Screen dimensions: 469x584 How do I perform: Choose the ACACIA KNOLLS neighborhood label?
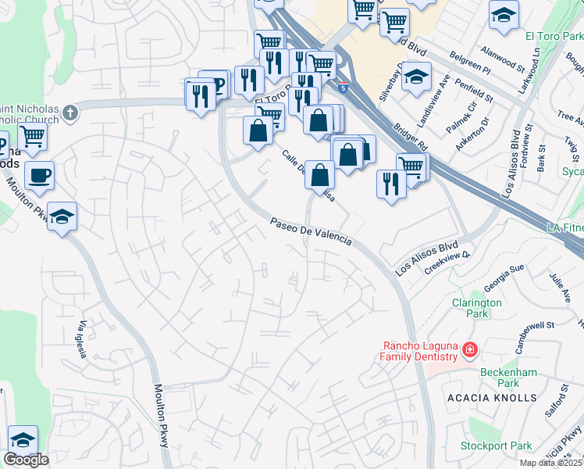pyautogui.click(x=492, y=398)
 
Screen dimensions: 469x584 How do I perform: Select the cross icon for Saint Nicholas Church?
pyautogui.click(x=70, y=113)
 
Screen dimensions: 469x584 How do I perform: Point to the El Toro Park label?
pyautogui.click(x=553, y=36)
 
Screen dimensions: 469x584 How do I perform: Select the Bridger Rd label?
pyautogui.click(x=411, y=134)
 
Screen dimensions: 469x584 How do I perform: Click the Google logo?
pyautogui.click(x=26, y=460)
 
